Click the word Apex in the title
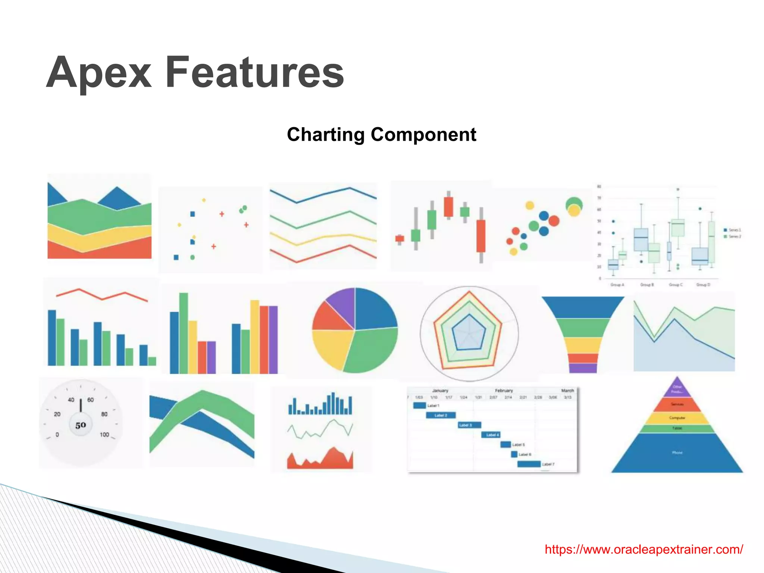point(99,72)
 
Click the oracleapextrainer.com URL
point(644,549)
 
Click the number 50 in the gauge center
point(81,425)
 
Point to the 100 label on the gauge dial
point(104,435)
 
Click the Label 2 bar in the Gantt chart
point(441,415)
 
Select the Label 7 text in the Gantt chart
point(548,464)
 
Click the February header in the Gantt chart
point(504,391)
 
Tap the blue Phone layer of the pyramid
point(677,453)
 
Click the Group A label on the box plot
point(617,285)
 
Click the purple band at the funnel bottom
point(583,368)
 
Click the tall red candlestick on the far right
point(481,236)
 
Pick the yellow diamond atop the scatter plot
point(204,200)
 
